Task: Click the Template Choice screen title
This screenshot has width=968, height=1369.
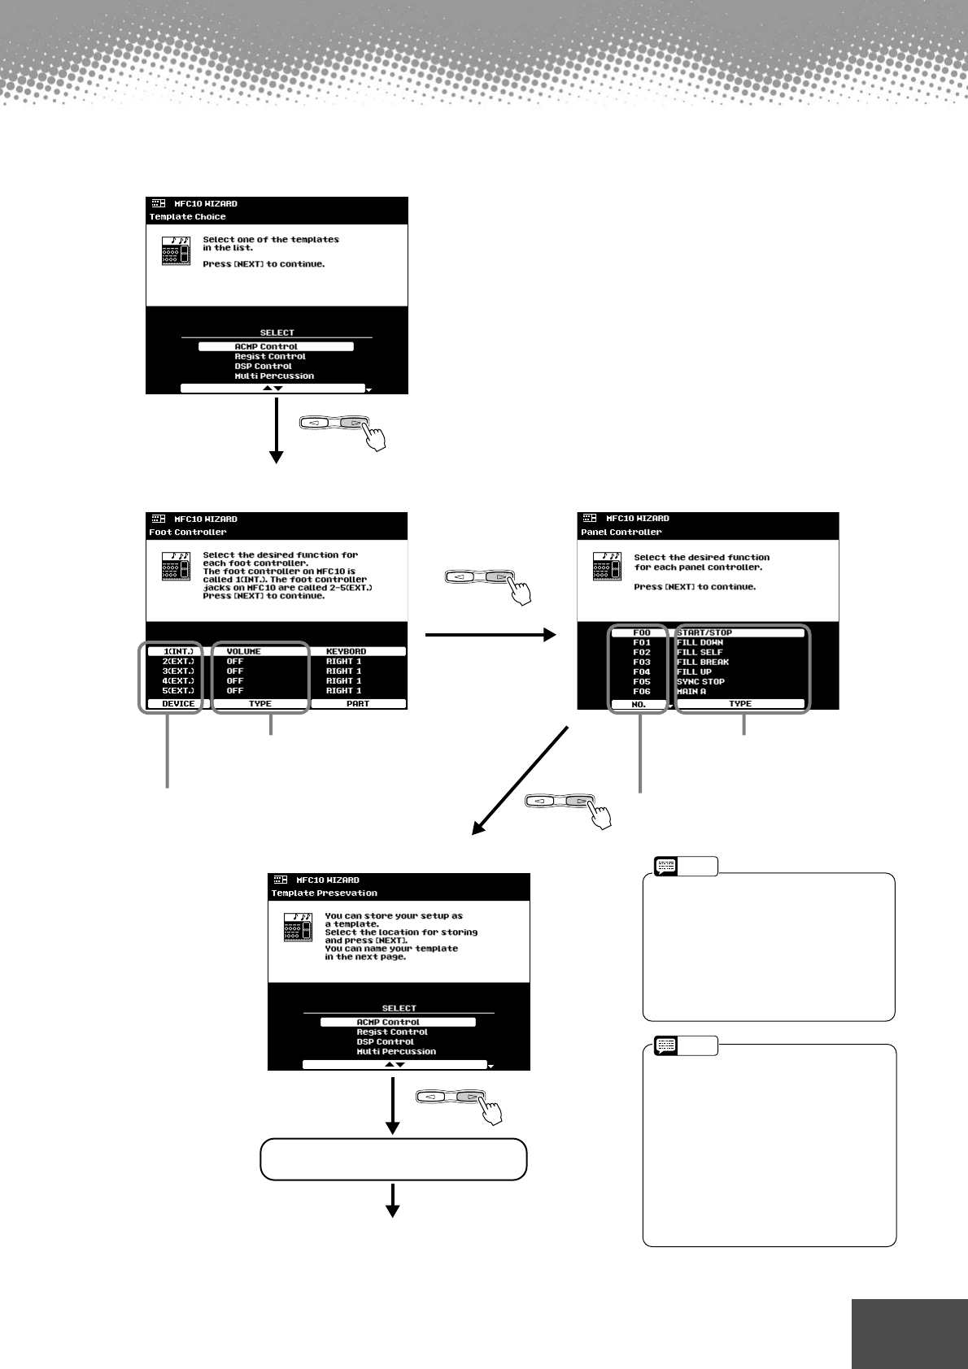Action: [188, 217]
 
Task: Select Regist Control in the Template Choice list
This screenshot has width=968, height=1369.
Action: [270, 356]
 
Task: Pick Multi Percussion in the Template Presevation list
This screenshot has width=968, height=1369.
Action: [396, 1051]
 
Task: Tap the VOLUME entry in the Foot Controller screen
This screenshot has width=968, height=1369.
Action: [243, 651]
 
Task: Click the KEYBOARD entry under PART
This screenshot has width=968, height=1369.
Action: [346, 651]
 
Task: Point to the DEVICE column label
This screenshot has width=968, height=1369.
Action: [178, 703]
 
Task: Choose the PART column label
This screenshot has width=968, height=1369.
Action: [358, 703]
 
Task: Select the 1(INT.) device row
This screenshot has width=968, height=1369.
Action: [178, 651]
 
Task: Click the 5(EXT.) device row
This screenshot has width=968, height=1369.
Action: [178, 690]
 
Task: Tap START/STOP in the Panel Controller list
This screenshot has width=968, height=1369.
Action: [704, 632]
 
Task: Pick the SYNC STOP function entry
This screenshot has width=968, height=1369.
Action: [700, 681]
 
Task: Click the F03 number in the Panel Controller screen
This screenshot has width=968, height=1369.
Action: [642, 662]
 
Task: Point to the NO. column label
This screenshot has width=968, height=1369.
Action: [639, 704]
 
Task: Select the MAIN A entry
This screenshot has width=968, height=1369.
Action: [691, 691]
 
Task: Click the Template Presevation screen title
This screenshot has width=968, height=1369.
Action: [325, 893]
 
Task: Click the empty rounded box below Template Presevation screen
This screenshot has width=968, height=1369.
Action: [394, 1159]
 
